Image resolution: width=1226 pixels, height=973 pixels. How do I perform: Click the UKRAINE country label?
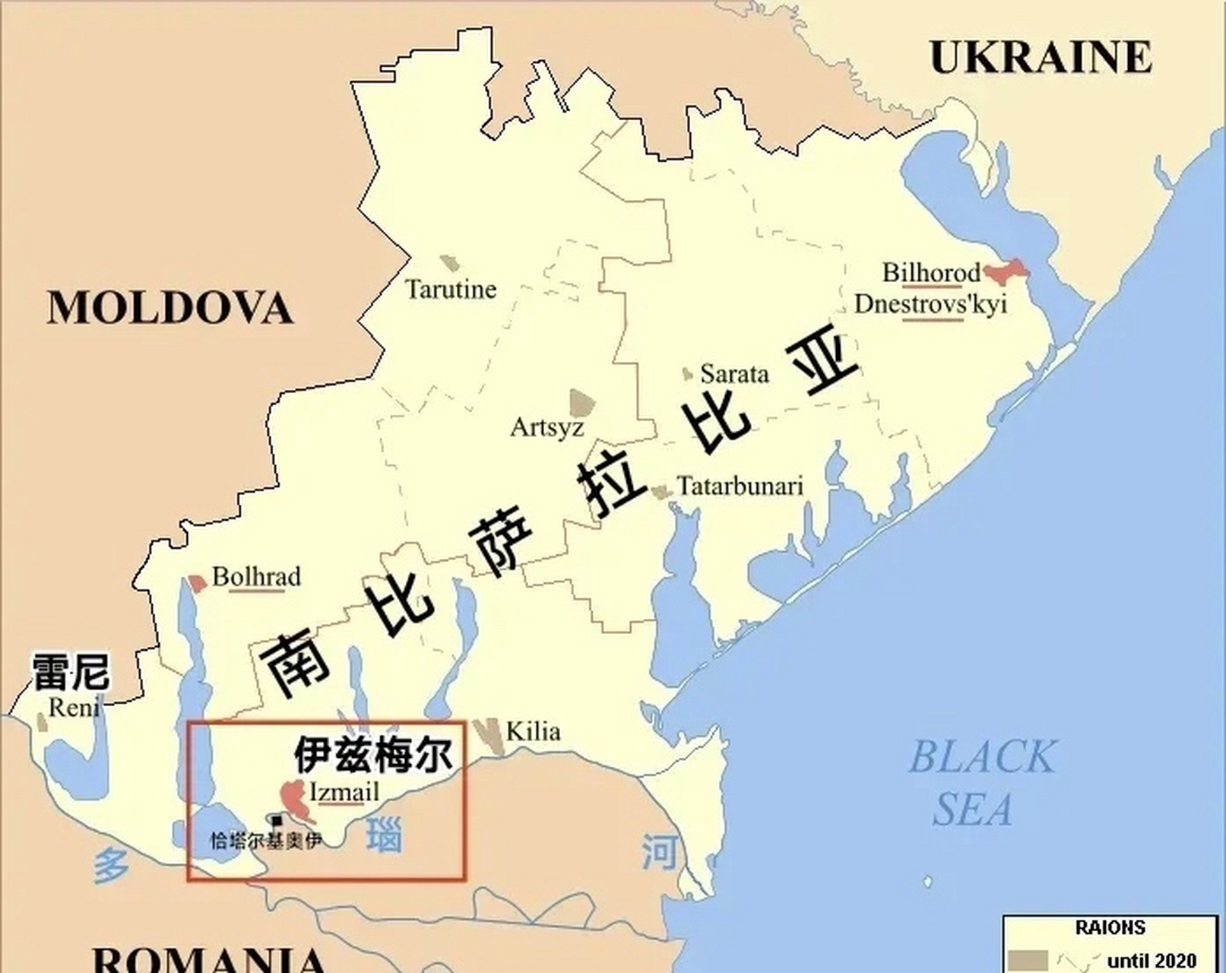[x=1040, y=57]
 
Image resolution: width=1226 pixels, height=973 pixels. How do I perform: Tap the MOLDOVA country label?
[x=170, y=308]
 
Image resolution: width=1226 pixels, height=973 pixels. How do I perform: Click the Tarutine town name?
[x=451, y=290]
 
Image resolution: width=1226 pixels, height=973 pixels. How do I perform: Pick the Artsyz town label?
[x=546, y=427]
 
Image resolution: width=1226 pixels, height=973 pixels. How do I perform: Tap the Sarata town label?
[x=734, y=374]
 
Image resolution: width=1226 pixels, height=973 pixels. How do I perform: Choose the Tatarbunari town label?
[x=740, y=486]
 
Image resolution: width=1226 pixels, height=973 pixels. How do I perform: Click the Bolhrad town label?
[x=256, y=577]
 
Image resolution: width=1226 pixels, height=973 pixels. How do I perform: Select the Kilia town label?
[x=533, y=732]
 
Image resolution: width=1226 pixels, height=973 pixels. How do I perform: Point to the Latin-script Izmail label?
[x=344, y=793]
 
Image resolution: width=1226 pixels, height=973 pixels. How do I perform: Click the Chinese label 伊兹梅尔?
[x=372, y=754]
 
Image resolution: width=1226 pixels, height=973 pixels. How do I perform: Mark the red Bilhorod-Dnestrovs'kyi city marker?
[x=1005, y=271]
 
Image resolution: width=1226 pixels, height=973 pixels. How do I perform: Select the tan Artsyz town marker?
[x=582, y=402]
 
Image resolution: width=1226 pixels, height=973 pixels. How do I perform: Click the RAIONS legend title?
[x=1110, y=928]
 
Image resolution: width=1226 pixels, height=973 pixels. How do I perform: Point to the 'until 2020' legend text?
[x=1152, y=961]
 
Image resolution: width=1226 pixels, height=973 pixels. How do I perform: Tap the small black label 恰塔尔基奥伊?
[x=265, y=841]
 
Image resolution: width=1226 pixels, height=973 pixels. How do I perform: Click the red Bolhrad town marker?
[x=198, y=583]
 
